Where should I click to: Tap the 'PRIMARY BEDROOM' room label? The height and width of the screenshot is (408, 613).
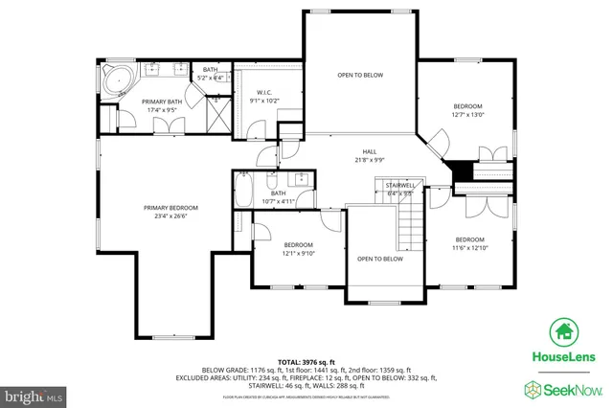(x=170, y=208)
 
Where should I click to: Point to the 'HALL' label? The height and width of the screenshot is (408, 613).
(x=369, y=151)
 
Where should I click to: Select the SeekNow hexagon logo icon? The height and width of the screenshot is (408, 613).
(x=533, y=388)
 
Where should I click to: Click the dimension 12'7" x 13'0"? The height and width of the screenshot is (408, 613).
(x=467, y=115)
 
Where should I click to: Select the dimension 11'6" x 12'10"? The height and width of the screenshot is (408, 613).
(x=469, y=248)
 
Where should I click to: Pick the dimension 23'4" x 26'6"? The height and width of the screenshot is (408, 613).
(x=170, y=216)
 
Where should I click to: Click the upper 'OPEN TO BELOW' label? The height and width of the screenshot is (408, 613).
(x=360, y=75)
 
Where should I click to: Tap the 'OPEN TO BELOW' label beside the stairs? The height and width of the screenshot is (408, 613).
(x=380, y=259)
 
